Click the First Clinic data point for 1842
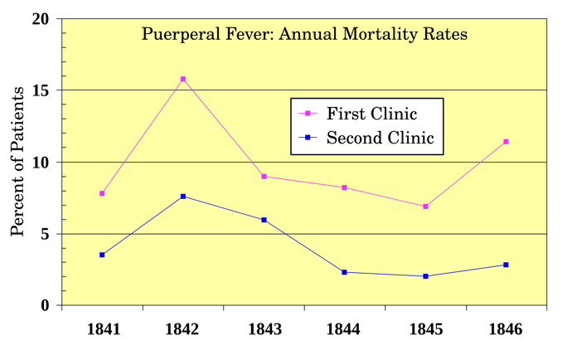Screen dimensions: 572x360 pyautogui.click(x=183, y=79)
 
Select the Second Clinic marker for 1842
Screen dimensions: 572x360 pyautogui.click(x=183, y=197)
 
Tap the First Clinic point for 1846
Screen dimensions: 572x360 pyautogui.click(x=506, y=142)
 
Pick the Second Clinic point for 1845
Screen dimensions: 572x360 pyautogui.click(x=425, y=276)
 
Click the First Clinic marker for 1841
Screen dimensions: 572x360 pyautogui.click(x=102, y=193)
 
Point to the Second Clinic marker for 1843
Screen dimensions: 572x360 pyautogui.click(x=264, y=220)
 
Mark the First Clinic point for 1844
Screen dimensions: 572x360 pyautogui.click(x=344, y=187)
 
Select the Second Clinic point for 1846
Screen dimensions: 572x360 pyautogui.click(x=506, y=265)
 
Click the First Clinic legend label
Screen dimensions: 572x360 pyautogui.click(x=371, y=114)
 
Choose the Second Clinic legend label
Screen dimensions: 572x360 pyautogui.click(x=381, y=138)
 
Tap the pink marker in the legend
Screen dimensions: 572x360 pyautogui.click(x=308, y=114)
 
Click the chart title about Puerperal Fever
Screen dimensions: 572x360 pyautogui.click(x=304, y=35)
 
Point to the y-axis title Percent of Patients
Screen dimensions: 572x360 pyautogui.click(x=17, y=162)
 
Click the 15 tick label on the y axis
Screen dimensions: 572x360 pyautogui.click(x=41, y=90)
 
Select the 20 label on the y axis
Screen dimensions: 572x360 pyautogui.click(x=41, y=19)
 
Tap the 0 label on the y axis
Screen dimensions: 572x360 pyautogui.click(x=45, y=305)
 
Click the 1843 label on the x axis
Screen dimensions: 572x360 pyautogui.click(x=264, y=329)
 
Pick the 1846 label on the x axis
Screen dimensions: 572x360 pyautogui.click(x=505, y=329)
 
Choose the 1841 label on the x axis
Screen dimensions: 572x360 pyautogui.click(x=104, y=329)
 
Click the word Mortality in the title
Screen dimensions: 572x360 pyautogui.click(x=380, y=35)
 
